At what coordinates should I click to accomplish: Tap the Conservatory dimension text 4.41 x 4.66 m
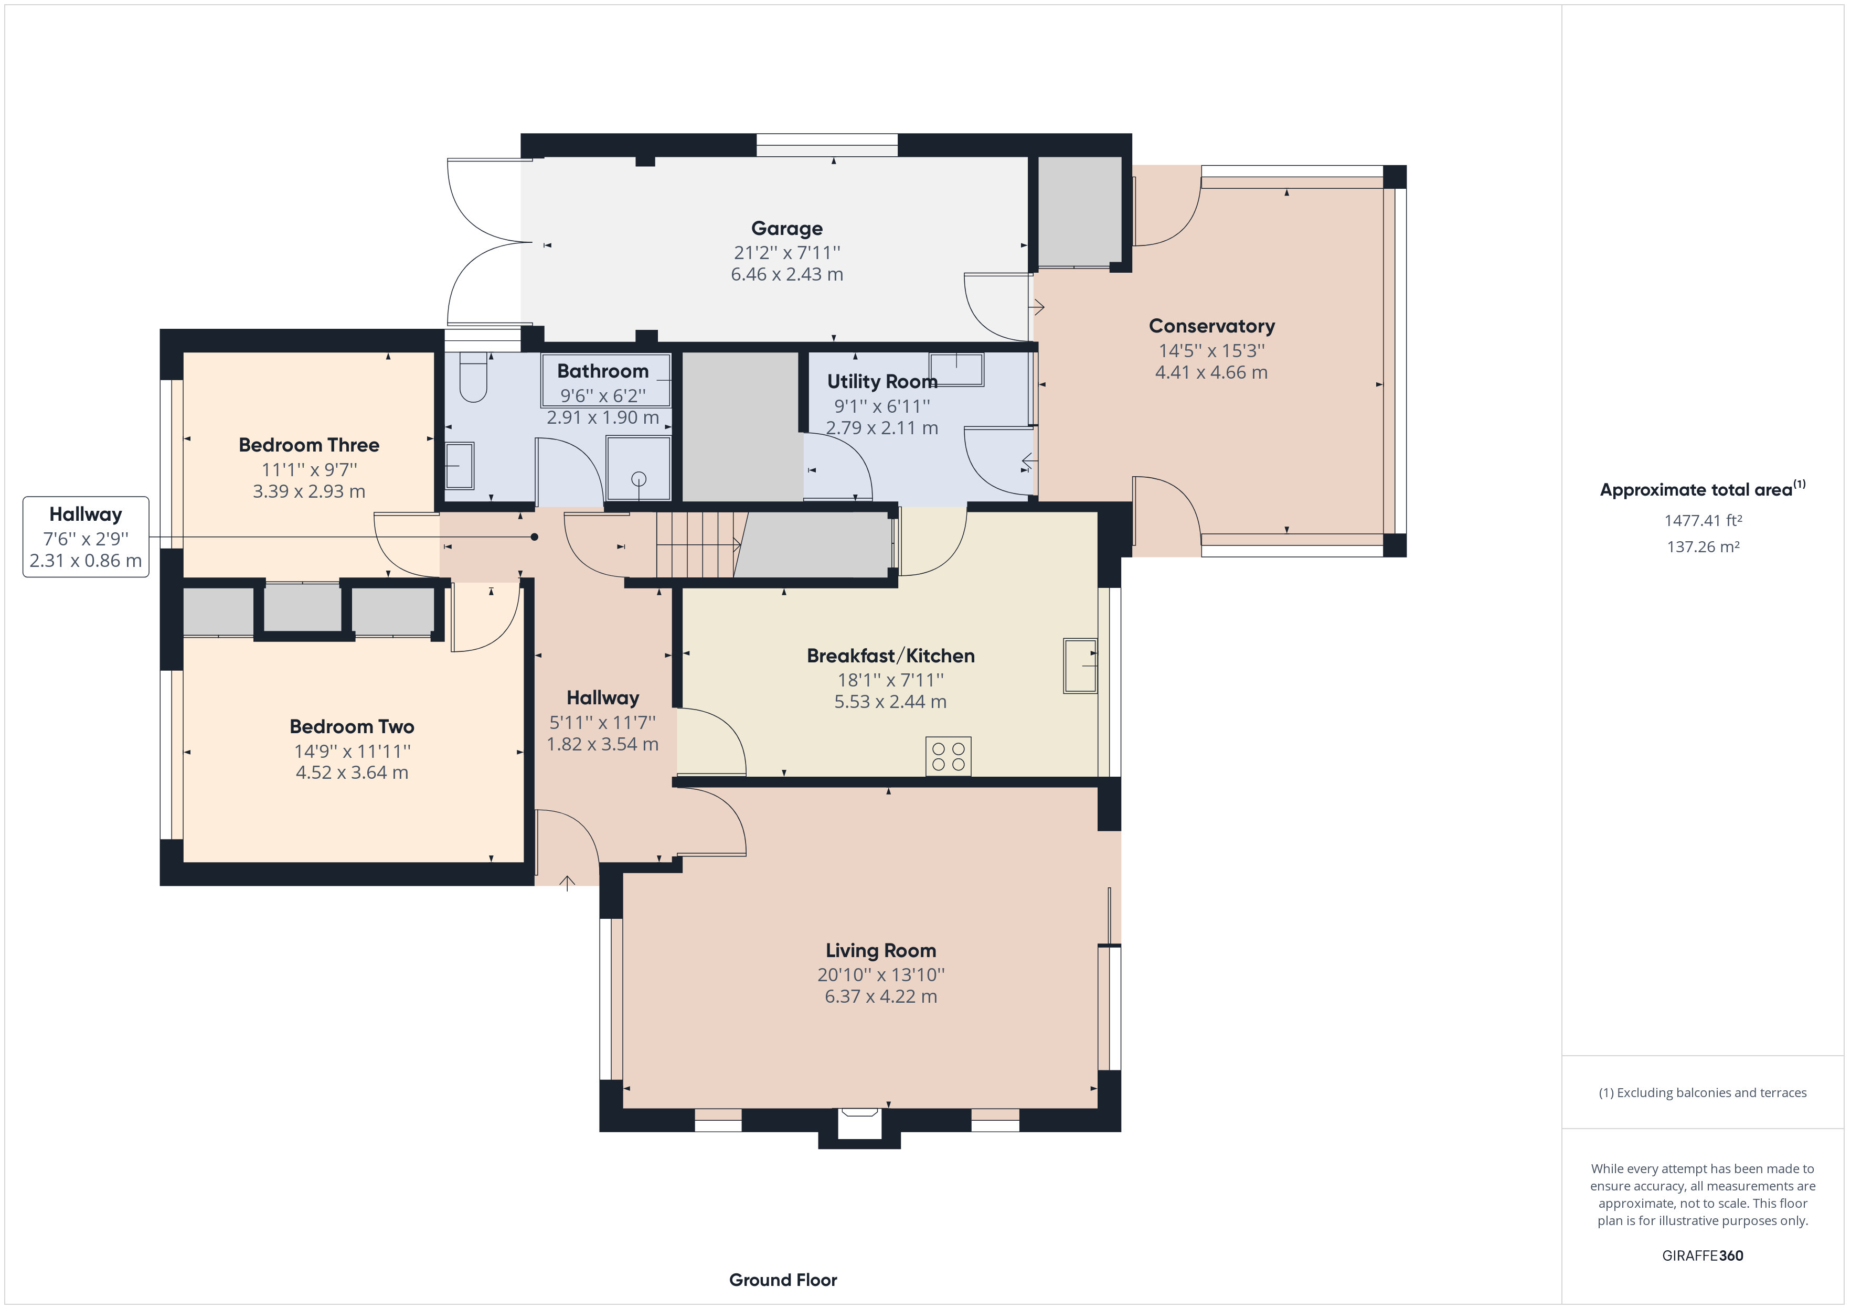[1211, 372]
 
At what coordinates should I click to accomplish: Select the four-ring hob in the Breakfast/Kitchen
[948, 756]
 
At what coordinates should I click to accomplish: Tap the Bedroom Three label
[309, 445]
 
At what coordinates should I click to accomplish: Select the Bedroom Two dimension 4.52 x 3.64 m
[352, 772]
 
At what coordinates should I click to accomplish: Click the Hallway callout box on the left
[86, 537]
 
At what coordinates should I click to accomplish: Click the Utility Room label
[882, 381]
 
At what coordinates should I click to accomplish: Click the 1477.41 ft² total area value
[1703, 521]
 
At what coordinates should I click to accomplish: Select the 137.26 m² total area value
[1703, 546]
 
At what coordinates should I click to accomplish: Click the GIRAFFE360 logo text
[1702, 1255]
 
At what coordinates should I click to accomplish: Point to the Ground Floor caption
[783, 1280]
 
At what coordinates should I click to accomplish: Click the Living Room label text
[880, 951]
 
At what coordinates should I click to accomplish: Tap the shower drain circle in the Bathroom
[639, 479]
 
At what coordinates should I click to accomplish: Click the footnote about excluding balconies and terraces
[1702, 1093]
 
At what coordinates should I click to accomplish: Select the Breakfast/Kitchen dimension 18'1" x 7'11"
[890, 680]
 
